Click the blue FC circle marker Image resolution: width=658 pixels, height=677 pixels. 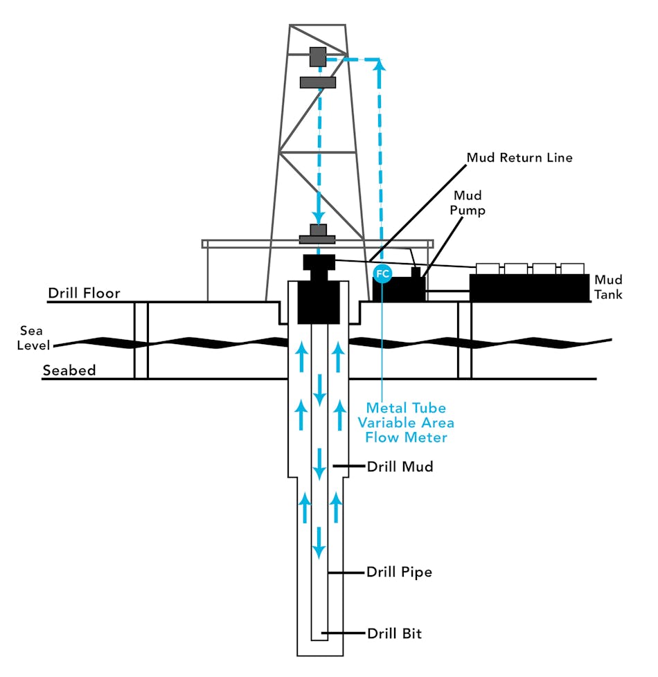click(x=382, y=273)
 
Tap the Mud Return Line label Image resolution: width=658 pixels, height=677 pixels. click(x=519, y=158)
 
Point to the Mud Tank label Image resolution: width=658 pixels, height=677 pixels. click(x=608, y=287)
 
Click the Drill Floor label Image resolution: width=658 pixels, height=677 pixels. click(x=84, y=294)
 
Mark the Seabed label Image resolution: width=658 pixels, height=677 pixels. click(x=69, y=370)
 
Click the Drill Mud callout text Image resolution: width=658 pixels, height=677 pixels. click(x=400, y=467)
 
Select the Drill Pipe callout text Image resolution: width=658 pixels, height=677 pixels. click(x=399, y=572)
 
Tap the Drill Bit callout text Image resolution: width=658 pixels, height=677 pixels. click(x=394, y=633)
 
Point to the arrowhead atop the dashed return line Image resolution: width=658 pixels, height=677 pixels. click(x=379, y=65)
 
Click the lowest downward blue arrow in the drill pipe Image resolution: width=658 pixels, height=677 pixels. click(x=319, y=543)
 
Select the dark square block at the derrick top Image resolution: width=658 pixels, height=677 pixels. click(x=318, y=57)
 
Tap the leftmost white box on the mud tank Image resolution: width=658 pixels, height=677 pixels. click(x=488, y=268)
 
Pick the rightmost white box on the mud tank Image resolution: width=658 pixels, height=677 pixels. click(x=572, y=268)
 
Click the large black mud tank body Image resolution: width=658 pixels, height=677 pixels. click(x=530, y=287)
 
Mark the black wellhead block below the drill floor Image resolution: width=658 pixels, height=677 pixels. click(x=318, y=303)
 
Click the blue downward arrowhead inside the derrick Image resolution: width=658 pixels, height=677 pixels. click(x=318, y=215)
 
